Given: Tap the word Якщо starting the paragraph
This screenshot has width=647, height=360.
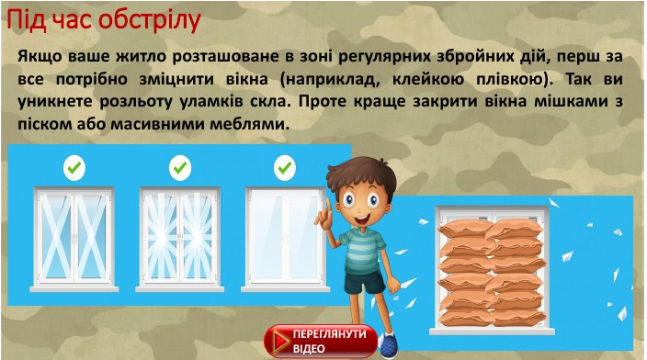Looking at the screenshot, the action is pyautogui.click(x=40, y=57).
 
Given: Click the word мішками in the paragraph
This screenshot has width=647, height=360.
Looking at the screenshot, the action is pyautogui.click(x=571, y=101).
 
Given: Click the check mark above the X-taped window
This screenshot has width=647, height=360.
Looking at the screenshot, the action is pyautogui.click(x=74, y=168).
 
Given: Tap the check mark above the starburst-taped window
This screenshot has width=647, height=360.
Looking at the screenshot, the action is pyautogui.click(x=180, y=168).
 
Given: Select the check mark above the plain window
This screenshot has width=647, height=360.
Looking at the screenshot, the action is pyautogui.click(x=285, y=168).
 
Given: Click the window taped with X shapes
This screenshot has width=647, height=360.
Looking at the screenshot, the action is pyautogui.click(x=74, y=240).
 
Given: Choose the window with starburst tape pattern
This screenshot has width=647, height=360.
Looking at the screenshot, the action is pyautogui.click(x=180, y=240).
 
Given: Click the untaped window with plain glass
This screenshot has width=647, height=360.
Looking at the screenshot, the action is pyautogui.click(x=285, y=240).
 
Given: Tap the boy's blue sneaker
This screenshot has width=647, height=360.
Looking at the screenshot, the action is pyautogui.click(x=388, y=345).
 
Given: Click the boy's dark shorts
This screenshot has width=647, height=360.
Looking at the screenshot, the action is pyautogui.click(x=364, y=281).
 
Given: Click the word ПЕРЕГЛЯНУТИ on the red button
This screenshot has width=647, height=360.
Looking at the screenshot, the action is pyautogui.click(x=330, y=334).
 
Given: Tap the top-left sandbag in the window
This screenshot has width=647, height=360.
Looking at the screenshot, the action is pyautogui.click(x=465, y=228).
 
